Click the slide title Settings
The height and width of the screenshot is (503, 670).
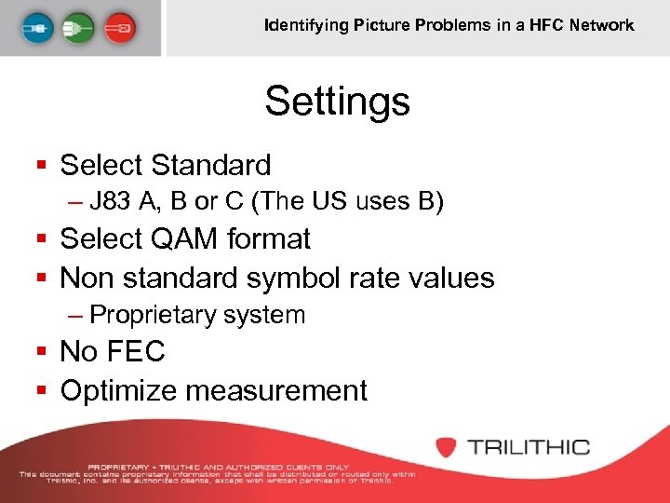[337, 101]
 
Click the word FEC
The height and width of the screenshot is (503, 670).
[136, 351]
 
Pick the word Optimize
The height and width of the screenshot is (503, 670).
[118, 391]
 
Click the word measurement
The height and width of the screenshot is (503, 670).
[276, 391]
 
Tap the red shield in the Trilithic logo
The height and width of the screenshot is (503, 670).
[447, 446]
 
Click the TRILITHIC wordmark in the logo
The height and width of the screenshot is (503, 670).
[529, 447]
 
